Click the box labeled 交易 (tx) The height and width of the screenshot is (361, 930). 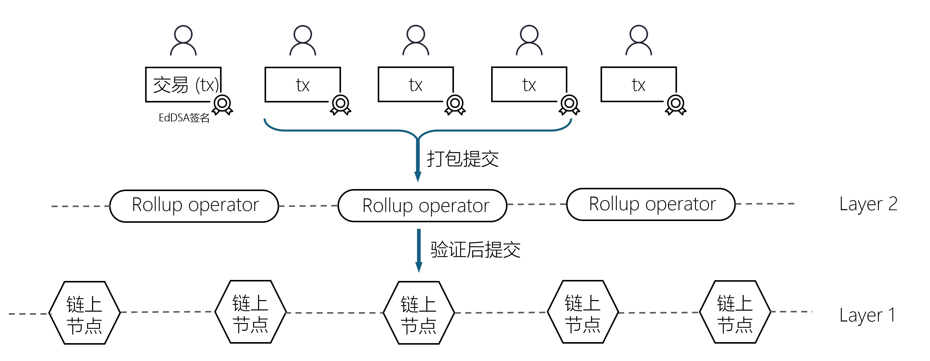coord(183,85)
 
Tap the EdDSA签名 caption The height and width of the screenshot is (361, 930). coord(184,118)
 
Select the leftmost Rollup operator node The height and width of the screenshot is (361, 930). coord(194,206)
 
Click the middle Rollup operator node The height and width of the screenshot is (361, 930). coord(422,206)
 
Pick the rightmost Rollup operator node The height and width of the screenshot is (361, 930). coord(651,204)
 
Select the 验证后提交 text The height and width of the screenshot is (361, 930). coord(475,250)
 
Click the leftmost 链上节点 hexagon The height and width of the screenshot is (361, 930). coord(84,313)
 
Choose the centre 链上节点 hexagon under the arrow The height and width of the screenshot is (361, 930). coord(419,313)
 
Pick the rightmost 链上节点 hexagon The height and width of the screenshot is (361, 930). coord(735,312)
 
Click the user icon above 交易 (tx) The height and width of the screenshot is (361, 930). coord(183,40)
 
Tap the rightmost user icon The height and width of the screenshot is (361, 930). coord(639,40)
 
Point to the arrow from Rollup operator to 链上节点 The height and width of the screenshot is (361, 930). coord(419,249)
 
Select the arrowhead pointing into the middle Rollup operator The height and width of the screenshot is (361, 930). coord(418,177)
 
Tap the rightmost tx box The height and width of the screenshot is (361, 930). coord(638,85)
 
